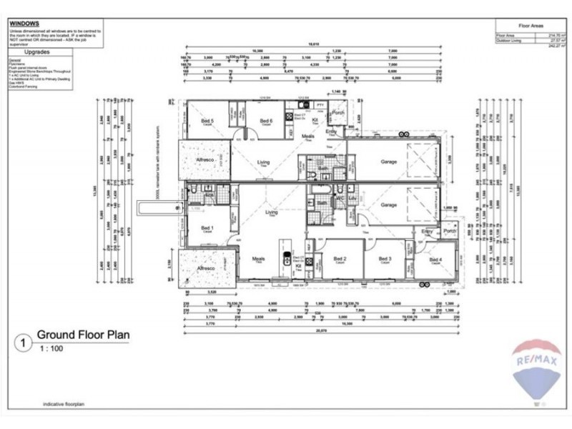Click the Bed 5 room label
coord(207,121)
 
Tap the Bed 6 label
coord(266,121)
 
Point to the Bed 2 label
coord(340,259)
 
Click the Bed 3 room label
coord(385,259)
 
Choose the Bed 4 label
coord(435,259)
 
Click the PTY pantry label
coord(320,106)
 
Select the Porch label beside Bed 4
coord(450,231)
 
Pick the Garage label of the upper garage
coord(388,162)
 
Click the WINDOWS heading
coord(24,23)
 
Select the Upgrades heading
coord(36,52)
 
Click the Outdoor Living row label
coord(510,40)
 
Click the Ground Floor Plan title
coord(83,334)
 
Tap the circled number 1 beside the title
coord(24,343)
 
